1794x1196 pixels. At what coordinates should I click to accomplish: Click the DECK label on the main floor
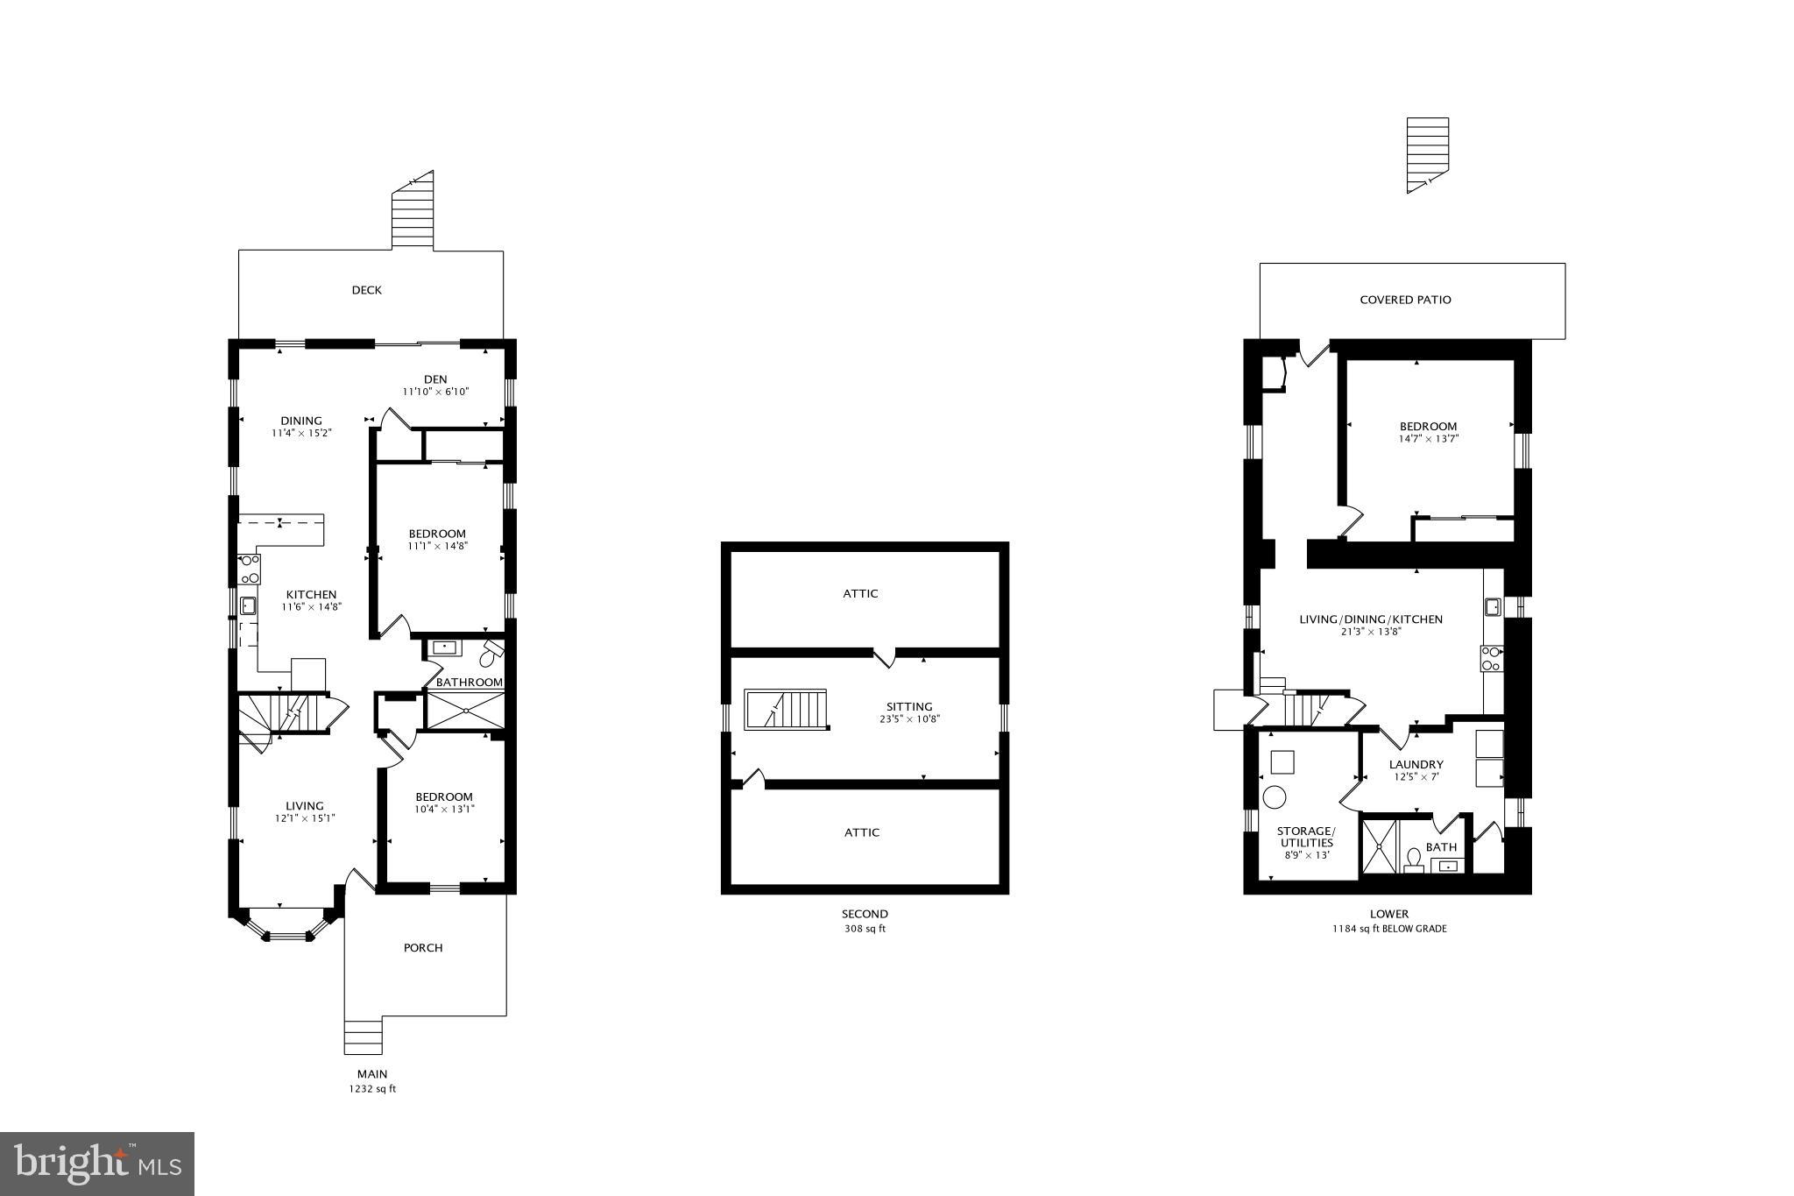click(x=366, y=290)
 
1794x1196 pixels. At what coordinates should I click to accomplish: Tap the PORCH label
click(x=423, y=947)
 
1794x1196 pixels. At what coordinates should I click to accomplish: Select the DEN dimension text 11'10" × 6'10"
click(x=435, y=392)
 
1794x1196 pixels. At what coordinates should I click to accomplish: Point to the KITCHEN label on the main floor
click(x=310, y=594)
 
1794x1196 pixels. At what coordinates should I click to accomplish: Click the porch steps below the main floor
click(x=364, y=1037)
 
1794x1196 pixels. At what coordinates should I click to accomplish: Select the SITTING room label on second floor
click(x=908, y=706)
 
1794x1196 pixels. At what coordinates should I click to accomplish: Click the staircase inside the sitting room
click(x=787, y=709)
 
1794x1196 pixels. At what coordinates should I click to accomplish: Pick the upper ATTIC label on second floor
click(x=860, y=593)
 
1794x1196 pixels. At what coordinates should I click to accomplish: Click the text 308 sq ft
click(x=864, y=929)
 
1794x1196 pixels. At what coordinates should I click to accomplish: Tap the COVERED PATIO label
click(x=1405, y=300)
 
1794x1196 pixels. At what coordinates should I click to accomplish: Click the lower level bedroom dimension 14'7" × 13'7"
click(x=1428, y=439)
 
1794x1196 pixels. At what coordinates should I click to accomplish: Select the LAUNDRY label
click(x=1416, y=764)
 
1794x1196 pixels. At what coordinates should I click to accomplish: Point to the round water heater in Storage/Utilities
click(x=1274, y=797)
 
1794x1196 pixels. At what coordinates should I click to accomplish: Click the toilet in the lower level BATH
click(x=1413, y=859)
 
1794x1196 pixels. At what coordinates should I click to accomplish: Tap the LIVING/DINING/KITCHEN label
click(x=1370, y=619)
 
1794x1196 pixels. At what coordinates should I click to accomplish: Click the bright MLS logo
click(x=97, y=1164)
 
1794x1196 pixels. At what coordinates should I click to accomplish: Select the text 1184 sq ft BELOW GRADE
click(x=1389, y=929)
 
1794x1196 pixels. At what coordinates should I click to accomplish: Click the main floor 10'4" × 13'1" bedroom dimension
click(x=444, y=809)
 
